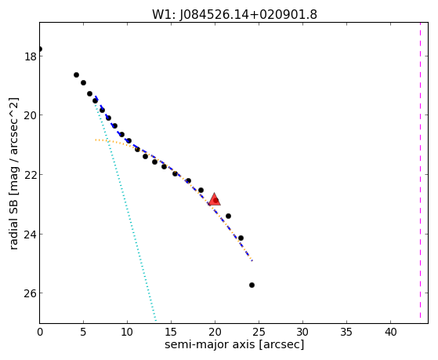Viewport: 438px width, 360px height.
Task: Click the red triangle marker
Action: [215, 199]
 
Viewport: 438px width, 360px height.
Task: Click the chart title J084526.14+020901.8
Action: [248, 15]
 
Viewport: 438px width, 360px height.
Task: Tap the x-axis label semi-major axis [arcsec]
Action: [234, 344]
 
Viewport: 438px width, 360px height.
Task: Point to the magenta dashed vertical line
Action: [420, 173]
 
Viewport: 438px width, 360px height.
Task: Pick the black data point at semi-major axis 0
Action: [40, 49]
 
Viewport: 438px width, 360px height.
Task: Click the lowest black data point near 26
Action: [252, 285]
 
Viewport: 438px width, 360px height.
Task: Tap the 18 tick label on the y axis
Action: [30, 56]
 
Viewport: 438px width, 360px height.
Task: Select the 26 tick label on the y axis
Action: [30, 293]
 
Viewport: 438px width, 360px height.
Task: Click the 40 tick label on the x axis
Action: [390, 333]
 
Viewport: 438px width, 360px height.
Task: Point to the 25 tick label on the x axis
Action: [259, 333]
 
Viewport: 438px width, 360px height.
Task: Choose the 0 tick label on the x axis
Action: [40, 333]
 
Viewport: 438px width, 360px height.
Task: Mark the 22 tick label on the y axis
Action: [30, 175]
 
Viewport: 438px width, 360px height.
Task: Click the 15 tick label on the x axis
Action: [171, 333]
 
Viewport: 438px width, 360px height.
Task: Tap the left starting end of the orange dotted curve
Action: [96, 140]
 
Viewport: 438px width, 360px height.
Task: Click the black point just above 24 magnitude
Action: [241, 238]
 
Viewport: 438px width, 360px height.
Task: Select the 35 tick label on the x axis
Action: [346, 333]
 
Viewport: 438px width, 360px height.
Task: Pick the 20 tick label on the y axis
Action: [30, 115]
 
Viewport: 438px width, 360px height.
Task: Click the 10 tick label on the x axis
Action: [127, 333]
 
